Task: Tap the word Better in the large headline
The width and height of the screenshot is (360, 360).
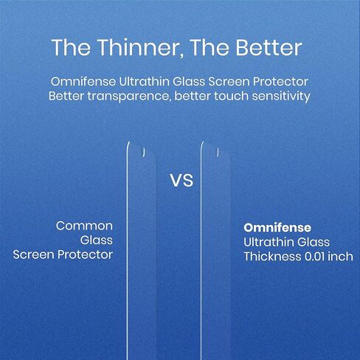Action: click(269, 47)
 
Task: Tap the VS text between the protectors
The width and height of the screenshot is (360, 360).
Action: click(181, 181)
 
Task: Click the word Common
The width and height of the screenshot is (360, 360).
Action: click(84, 226)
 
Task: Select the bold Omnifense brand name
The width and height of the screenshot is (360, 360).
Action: click(277, 228)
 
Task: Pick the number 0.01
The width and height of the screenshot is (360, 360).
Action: click(315, 257)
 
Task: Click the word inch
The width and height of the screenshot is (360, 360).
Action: click(341, 256)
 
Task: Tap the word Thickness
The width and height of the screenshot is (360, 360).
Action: click(272, 256)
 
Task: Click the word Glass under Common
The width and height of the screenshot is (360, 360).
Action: click(97, 240)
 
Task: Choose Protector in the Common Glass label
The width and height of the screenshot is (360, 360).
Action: click(85, 255)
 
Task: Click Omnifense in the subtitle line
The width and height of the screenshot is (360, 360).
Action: click(83, 82)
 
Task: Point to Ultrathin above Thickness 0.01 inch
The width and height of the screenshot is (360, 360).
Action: click(269, 242)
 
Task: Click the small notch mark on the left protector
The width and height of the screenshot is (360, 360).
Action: click(144, 153)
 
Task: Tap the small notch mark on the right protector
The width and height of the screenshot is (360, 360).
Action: click(218, 153)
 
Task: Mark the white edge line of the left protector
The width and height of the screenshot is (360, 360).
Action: click(127, 251)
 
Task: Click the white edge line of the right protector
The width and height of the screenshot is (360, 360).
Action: click(201, 251)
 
